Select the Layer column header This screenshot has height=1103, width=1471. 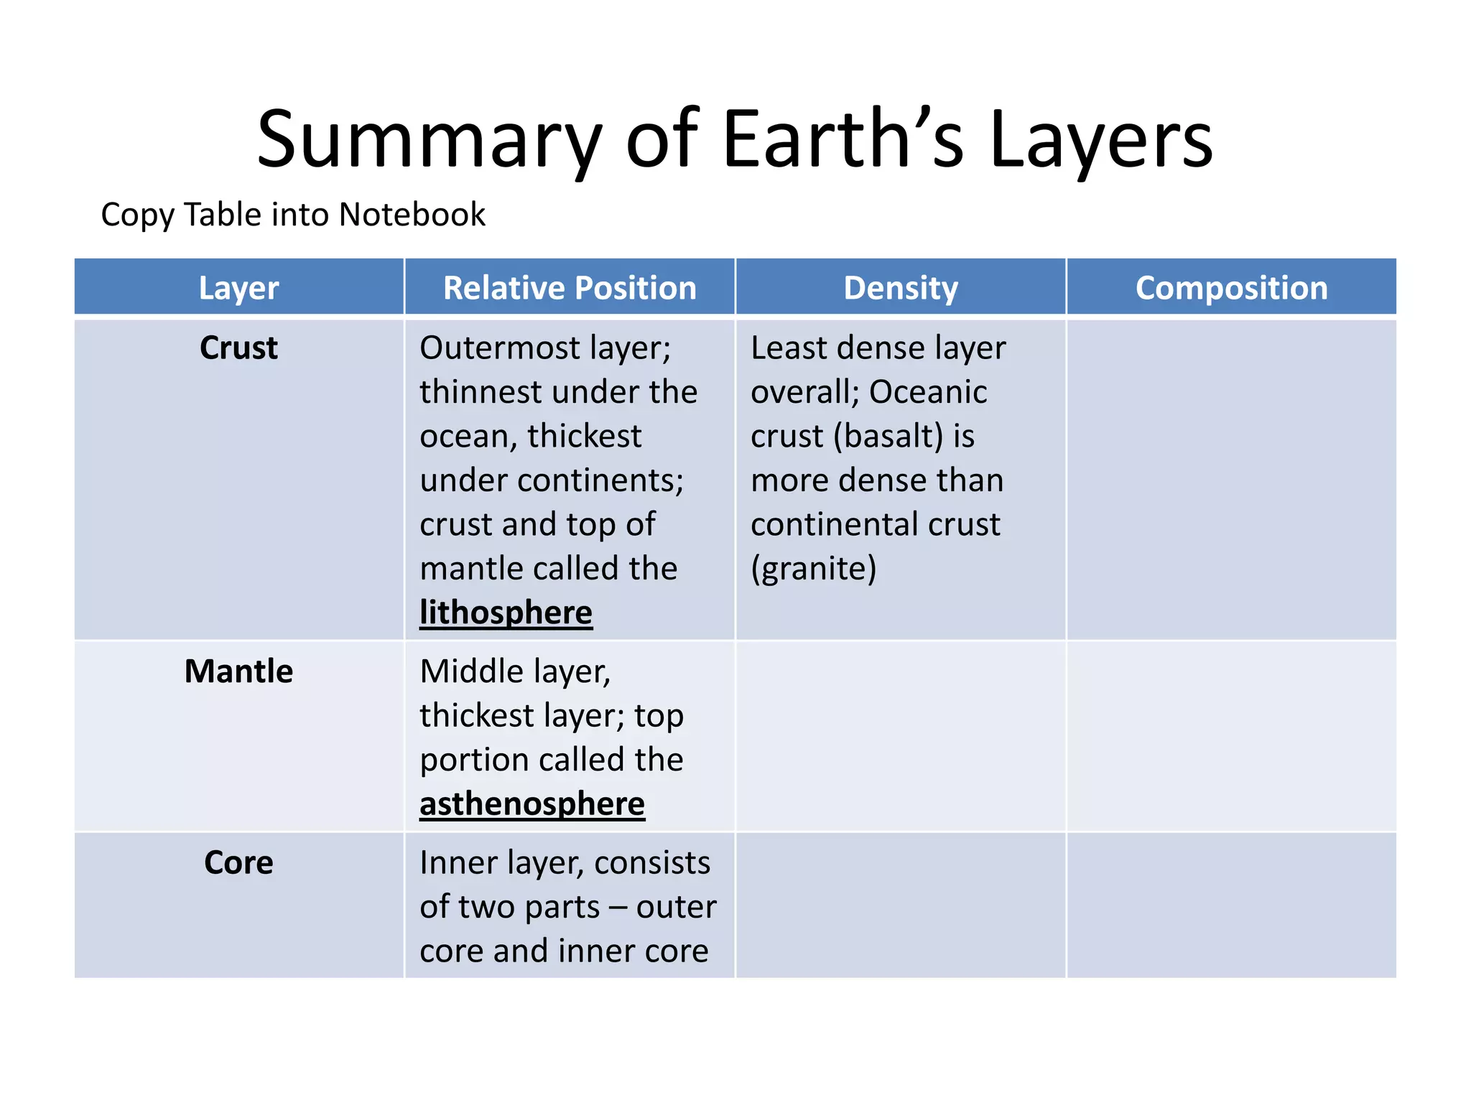(x=238, y=288)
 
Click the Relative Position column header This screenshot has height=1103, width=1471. (x=570, y=288)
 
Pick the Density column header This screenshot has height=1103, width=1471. (x=900, y=288)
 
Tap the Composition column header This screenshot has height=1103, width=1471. (x=1231, y=288)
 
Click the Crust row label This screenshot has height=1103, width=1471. (x=238, y=348)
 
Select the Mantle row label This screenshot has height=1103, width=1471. (x=238, y=671)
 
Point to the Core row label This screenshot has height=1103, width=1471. (x=238, y=862)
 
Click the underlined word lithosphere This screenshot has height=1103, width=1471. (x=506, y=613)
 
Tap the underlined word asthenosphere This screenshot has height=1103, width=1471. (x=532, y=804)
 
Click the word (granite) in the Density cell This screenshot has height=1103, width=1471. (x=813, y=569)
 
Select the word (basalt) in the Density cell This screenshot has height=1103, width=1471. (x=888, y=437)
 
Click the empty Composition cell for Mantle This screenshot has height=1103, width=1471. (x=1231, y=736)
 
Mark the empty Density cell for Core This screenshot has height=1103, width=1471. (x=900, y=905)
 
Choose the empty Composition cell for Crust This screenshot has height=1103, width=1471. (x=1231, y=479)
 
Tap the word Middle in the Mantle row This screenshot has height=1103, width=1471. (x=471, y=672)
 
